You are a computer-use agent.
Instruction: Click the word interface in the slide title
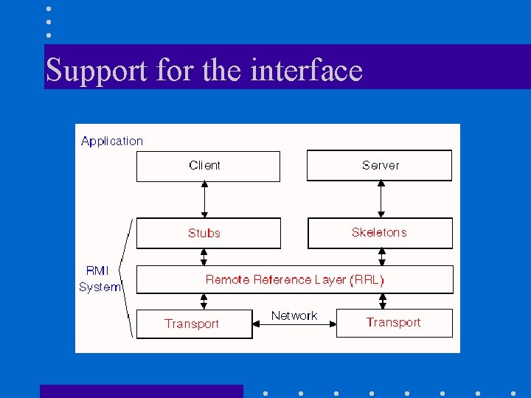tap(306, 70)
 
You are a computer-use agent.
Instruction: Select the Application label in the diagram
tap(112, 141)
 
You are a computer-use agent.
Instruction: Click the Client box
tap(208, 166)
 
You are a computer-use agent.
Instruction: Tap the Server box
tap(379, 166)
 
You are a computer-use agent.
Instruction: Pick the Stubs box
tap(208, 233)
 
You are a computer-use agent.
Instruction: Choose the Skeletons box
tap(379, 233)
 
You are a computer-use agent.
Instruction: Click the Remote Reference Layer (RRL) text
tap(294, 279)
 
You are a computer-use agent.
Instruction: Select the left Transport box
tap(193, 324)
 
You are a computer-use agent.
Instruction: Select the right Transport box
tap(394, 323)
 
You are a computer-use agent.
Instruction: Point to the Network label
tap(294, 315)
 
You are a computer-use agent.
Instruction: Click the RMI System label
tap(99, 279)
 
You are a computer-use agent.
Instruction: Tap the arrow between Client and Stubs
tap(204, 199)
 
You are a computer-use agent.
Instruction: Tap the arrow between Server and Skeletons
tap(381, 199)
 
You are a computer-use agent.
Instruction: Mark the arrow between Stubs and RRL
tap(204, 257)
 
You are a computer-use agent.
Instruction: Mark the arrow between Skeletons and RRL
tap(382, 257)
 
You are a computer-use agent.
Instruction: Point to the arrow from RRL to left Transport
tap(204, 301)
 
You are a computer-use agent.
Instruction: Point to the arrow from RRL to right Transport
tap(382, 301)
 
